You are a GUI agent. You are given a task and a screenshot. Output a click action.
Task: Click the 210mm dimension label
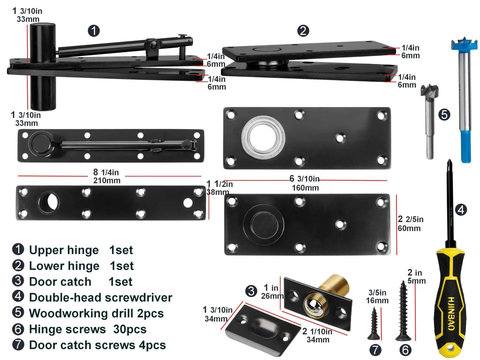(107, 181)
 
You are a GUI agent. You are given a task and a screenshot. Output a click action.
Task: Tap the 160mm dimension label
(305, 188)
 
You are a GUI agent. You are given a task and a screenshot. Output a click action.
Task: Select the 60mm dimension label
(409, 228)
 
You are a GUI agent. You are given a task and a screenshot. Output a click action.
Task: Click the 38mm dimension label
(218, 192)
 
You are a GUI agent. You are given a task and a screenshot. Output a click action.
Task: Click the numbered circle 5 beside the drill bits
(444, 115)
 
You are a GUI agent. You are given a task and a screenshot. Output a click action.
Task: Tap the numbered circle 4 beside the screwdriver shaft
(461, 210)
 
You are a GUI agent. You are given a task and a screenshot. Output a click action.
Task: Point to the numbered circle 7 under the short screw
(375, 350)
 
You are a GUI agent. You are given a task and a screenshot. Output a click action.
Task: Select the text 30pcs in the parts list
(130, 329)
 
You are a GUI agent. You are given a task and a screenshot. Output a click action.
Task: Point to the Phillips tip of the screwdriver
(449, 162)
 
